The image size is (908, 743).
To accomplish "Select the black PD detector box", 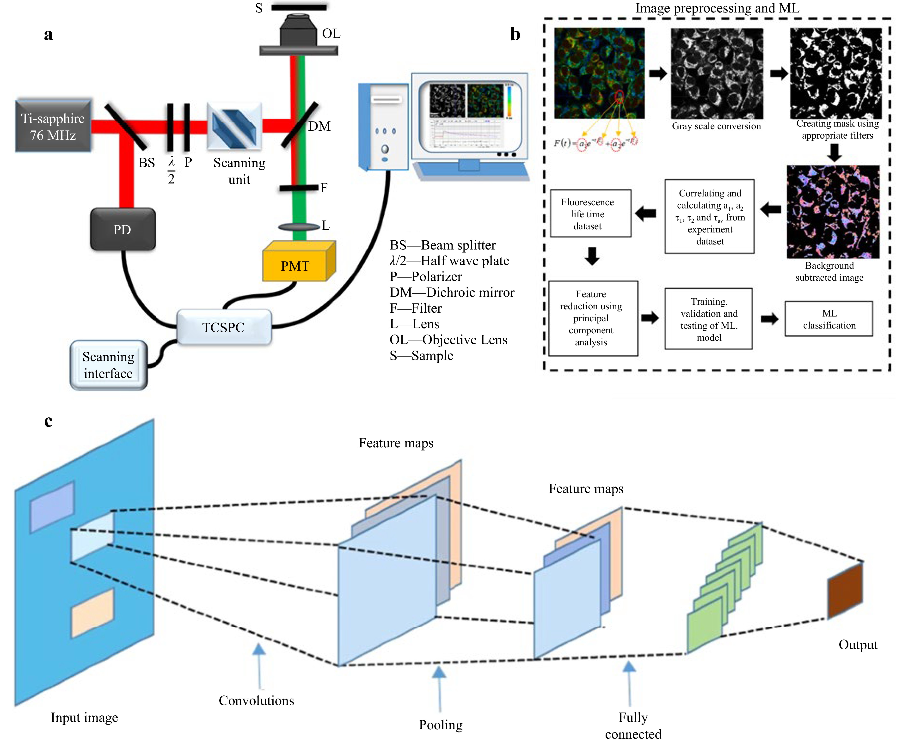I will tap(123, 229).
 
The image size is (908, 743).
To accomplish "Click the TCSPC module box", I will tap(223, 327).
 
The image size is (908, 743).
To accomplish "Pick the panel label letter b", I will tap(515, 34).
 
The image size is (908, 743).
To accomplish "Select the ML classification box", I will tap(828, 319).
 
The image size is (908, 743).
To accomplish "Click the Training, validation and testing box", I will tap(709, 319).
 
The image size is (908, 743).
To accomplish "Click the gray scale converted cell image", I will tap(716, 74).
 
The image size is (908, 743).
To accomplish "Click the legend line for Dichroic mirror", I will tap(452, 292).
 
